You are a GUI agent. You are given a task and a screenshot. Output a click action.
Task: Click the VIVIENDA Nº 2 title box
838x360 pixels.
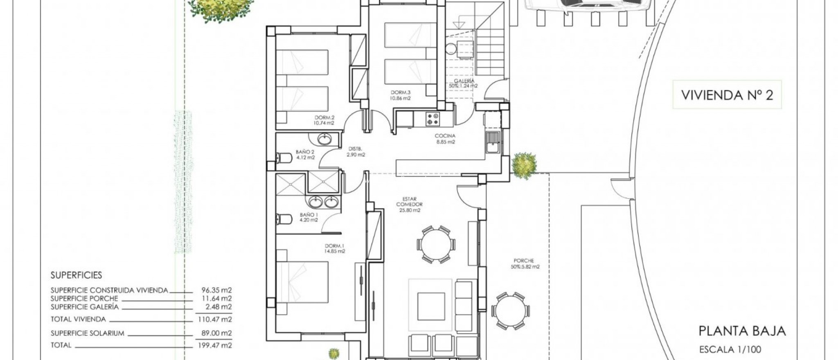point(727,95)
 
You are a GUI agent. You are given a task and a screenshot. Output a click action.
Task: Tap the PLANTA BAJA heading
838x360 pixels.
point(742,331)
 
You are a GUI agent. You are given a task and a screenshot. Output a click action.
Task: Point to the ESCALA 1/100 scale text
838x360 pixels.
point(730,349)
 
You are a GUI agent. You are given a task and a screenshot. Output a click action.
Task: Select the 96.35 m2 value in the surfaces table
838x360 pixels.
point(216,290)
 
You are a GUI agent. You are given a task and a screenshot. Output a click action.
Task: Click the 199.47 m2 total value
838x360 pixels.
point(216,345)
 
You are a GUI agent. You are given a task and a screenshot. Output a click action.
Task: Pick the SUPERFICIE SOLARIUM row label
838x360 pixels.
point(87,333)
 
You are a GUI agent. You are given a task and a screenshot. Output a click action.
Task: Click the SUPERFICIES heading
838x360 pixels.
point(76,275)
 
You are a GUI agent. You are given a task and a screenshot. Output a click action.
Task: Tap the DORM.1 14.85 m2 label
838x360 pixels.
point(335,248)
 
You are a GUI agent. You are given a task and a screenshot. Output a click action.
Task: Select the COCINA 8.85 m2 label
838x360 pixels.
point(445,139)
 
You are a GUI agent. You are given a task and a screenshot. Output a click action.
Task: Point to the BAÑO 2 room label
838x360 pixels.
point(305,154)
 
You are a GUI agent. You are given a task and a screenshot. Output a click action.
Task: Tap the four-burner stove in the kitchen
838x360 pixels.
point(433,119)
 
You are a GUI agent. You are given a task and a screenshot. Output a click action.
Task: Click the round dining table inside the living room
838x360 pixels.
point(436,244)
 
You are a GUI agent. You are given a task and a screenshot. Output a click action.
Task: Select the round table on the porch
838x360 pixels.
point(511,311)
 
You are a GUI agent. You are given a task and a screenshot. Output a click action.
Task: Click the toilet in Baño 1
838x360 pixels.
point(283,219)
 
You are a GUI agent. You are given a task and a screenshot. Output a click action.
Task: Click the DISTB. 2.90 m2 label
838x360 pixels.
point(356,152)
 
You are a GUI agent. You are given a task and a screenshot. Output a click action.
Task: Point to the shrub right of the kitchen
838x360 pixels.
point(523,165)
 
